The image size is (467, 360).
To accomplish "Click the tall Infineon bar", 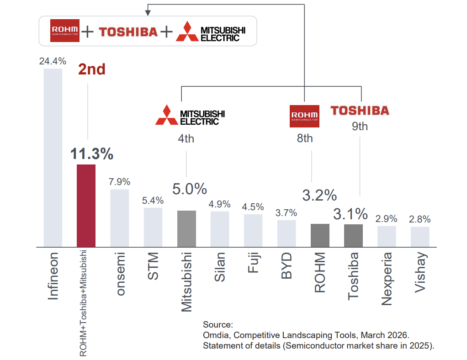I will point(53,158).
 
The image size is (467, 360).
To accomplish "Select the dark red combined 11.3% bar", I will point(86,206).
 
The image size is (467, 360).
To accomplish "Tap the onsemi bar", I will point(119,218).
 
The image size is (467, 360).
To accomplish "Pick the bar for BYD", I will point(287,233).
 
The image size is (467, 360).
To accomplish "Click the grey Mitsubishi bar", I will point(186,228).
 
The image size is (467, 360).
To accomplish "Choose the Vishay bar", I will point(420,237).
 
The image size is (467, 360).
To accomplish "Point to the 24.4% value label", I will point(53,61).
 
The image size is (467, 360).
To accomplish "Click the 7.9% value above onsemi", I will point(119,181).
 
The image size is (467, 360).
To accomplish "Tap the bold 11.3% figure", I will point(91,154).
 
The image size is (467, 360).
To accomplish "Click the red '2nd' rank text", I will point(91,69).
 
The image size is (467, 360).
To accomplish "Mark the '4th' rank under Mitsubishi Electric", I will point(186,138).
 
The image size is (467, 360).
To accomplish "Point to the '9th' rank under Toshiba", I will point(360,126).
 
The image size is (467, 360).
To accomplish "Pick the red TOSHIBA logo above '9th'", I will point(360,110).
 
